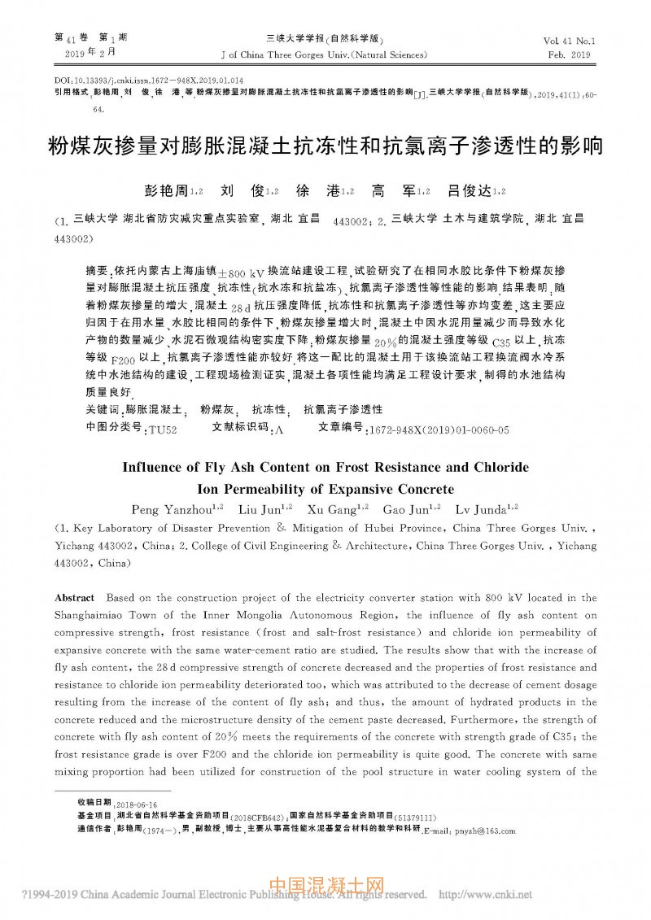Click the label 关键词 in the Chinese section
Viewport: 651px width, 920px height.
click(100, 409)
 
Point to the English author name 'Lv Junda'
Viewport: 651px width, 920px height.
click(474, 509)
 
